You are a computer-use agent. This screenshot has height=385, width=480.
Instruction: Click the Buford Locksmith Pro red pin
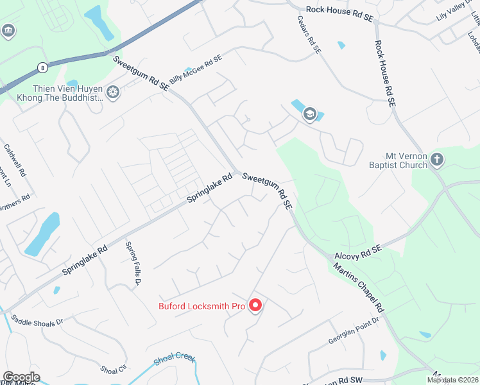point(255,305)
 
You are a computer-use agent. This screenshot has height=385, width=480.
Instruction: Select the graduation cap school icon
point(310,114)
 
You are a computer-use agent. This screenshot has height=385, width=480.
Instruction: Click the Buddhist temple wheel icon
point(113,93)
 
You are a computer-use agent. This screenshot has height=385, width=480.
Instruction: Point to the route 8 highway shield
point(42,67)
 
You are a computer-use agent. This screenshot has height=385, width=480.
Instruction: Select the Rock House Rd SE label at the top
point(339,10)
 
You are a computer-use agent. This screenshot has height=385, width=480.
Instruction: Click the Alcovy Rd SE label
point(358,251)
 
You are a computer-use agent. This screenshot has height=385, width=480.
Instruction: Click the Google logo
point(21,377)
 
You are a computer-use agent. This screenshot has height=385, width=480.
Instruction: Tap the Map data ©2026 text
point(452,380)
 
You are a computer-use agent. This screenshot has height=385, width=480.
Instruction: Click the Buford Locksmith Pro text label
point(202,306)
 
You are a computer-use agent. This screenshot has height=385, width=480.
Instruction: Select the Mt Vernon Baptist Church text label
point(406,160)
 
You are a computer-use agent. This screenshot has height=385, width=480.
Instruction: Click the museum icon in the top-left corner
point(8,30)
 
